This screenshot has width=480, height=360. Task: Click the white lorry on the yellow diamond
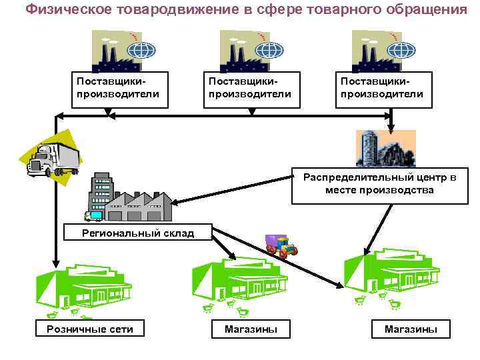click(x=52, y=159)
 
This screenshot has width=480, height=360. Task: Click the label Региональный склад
click(x=137, y=233)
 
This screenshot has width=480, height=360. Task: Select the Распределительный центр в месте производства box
click(x=379, y=184)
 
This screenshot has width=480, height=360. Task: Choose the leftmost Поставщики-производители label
click(x=118, y=87)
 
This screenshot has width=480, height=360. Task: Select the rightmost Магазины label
click(x=411, y=329)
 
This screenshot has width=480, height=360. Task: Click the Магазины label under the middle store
click(x=251, y=329)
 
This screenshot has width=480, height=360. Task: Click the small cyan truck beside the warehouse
click(x=94, y=215)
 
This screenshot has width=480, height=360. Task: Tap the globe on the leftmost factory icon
click(x=141, y=51)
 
